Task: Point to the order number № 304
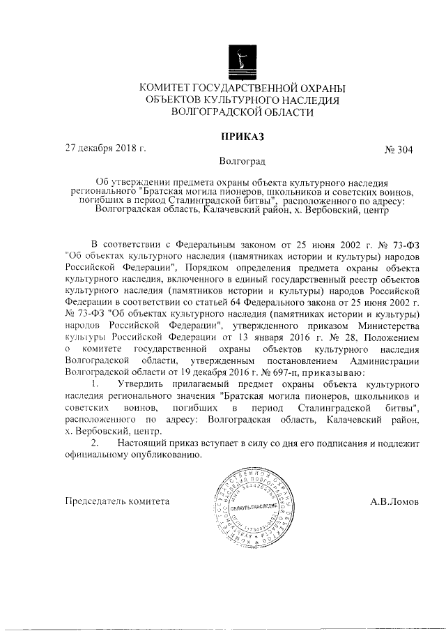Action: (399, 149)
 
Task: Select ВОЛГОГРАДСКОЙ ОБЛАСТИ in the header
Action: (242, 112)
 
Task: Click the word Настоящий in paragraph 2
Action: (144, 443)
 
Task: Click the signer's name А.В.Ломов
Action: (395, 501)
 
